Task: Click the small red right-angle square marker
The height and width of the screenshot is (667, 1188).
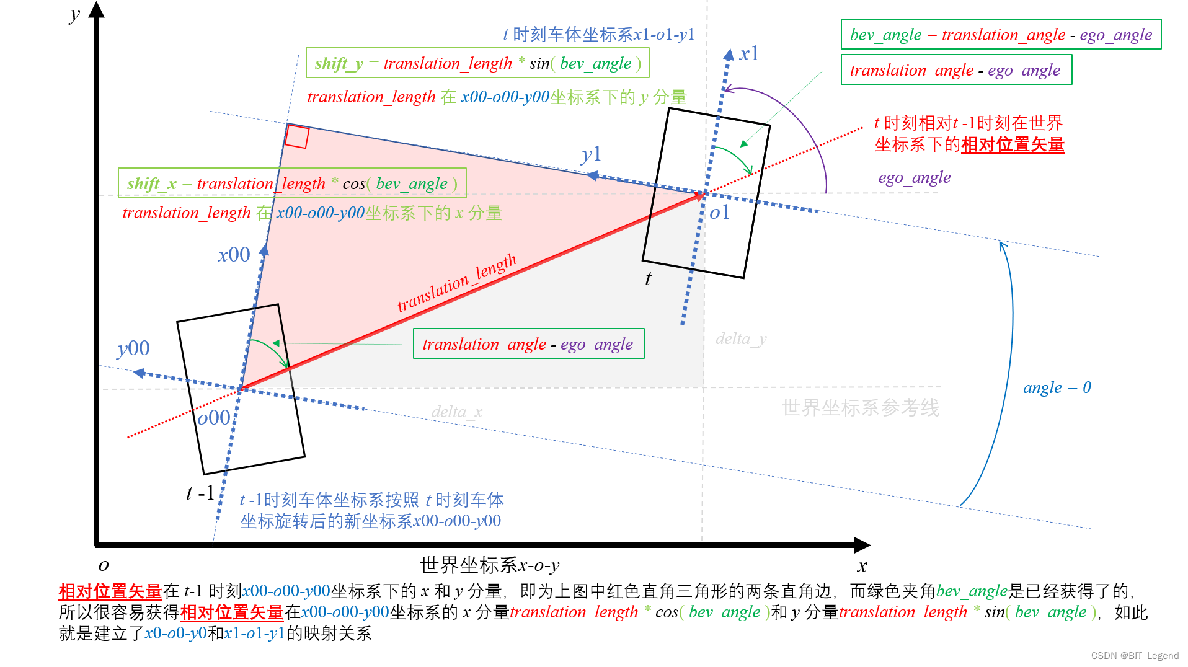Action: point(297,137)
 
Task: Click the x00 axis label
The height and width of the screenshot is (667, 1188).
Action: point(234,255)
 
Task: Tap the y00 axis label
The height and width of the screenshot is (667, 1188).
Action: point(133,348)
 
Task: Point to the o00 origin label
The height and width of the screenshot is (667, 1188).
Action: point(214,418)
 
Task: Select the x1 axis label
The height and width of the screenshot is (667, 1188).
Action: point(749,54)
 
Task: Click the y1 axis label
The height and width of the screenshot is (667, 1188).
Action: point(592,154)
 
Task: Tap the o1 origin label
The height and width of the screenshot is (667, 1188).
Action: point(719,213)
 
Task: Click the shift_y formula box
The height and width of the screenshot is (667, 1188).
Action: point(477,63)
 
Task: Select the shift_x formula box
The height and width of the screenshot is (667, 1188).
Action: point(292,183)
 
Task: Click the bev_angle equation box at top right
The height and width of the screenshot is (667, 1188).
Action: point(1001,35)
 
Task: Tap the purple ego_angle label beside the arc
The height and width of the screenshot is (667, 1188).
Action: point(914,178)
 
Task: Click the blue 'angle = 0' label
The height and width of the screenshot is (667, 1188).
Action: point(1057,388)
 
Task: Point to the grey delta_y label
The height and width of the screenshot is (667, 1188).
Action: point(741,338)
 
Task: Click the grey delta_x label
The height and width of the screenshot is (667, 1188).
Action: point(456,412)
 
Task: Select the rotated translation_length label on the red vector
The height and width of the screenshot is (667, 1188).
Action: point(457,283)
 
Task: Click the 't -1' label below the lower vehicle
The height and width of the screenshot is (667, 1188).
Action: point(200,493)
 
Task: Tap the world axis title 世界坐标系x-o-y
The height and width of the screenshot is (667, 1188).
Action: point(489,565)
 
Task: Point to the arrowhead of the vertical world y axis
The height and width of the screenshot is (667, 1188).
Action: point(97,9)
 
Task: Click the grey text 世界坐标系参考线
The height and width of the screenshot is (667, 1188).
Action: point(860,408)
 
